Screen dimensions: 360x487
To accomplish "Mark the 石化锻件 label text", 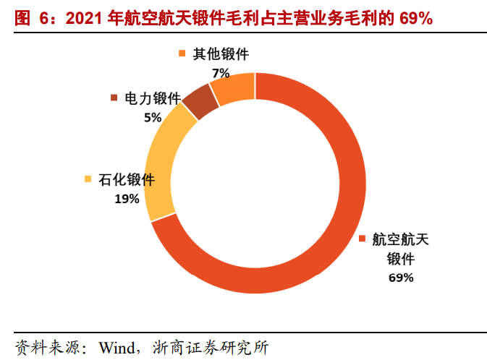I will [x=127, y=180].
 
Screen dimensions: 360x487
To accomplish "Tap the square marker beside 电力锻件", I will [x=114, y=98].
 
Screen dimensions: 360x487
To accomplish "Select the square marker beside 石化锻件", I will [x=88, y=180].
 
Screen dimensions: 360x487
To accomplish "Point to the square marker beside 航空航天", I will [x=362, y=239].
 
